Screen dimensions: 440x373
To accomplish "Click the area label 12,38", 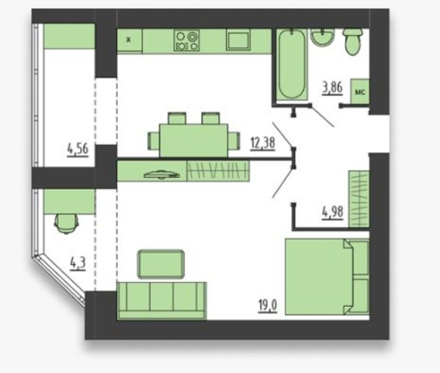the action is tap(263, 144).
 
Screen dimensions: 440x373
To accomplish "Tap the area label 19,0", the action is tap(268, 306).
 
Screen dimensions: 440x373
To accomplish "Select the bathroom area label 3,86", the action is tap(332, 88).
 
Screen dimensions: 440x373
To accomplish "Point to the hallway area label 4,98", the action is tap(332, 213).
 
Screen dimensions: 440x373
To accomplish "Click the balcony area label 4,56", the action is tap(78, 150).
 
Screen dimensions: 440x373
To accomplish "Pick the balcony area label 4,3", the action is tap(78, 264).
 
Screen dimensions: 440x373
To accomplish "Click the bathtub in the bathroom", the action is tap(292, 65).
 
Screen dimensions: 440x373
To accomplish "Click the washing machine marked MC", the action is tap(360, 92).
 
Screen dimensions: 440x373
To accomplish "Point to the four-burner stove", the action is tap(186, 41).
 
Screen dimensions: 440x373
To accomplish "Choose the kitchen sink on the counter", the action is tap(238, 40).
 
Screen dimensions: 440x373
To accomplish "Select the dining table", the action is tap(194, 141).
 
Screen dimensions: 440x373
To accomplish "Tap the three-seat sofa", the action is tap(162, 301).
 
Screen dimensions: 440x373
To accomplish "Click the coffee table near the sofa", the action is tap(161, 264).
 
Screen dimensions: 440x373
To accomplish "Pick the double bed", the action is tap(327, 277).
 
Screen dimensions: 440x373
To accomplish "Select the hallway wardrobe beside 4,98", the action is tap(359, 199).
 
